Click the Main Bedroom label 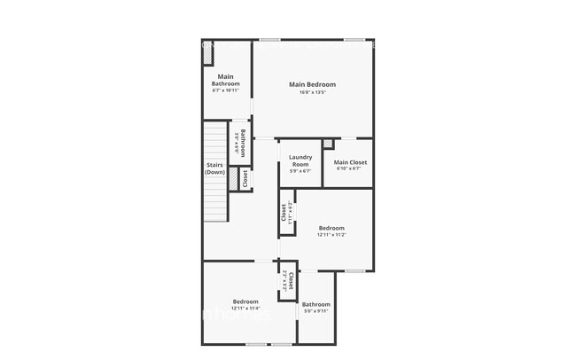point(312,84)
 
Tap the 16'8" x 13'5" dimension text point(312,92)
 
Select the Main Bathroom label point(225,80)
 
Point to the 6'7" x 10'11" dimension point(225,90)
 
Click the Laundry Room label point(300,160)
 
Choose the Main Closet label point(350,162)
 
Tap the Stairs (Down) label point(215,168)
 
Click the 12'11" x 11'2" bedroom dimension point(331,235)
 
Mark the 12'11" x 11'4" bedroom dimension point(245,309)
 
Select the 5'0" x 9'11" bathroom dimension point(316,311)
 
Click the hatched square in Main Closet point(328,144)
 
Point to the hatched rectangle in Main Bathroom point(207,54)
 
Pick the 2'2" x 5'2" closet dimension point(284,281)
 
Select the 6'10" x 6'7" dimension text point(350,169)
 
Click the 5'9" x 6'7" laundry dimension point(300,171)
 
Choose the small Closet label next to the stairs point(245,178)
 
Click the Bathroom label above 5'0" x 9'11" point(316,304)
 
